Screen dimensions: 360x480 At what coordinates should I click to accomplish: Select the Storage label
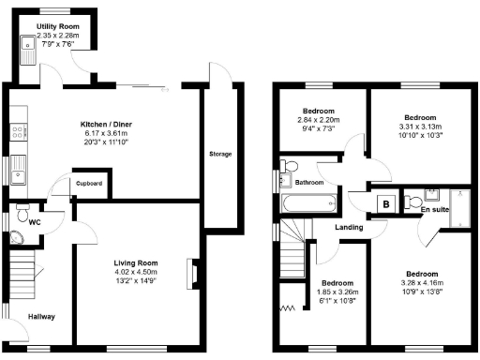point(220,154)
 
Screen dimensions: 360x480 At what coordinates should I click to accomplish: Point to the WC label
point(33,222)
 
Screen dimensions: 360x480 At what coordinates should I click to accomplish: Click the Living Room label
point(136,262)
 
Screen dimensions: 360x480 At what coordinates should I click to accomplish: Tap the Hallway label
point(40,317)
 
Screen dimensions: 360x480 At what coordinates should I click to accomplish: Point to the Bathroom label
point(310,182)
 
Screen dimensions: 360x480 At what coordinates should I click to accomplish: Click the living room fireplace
point(192,273)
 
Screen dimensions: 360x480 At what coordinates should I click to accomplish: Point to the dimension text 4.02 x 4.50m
point(136,273)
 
